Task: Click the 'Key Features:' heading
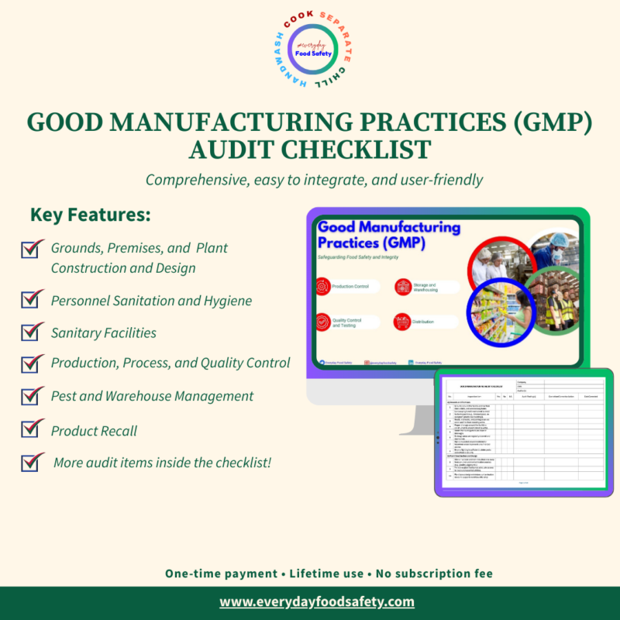pyautogui.click(x=90, y=215)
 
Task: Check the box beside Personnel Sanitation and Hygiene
pyautogui.click(x=33, y=299)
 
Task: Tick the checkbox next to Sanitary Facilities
pyautogui.click(x=33, y=332)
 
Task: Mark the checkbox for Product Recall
pyautogui.click(x=33, y=429)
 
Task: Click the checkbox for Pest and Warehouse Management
pyautogui.click(x=33, y=395)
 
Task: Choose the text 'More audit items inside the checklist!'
pyautogui.click(x=163, y=463)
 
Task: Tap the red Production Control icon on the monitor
pyautogui.click(x=322, y=287)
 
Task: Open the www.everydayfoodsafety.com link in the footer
pyautogui.click(x=317, y=601)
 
